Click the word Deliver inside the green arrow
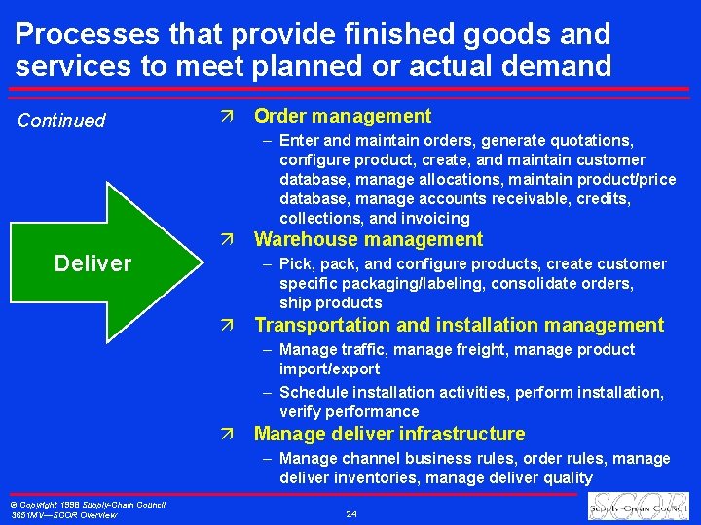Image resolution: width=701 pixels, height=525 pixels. pos(92,263)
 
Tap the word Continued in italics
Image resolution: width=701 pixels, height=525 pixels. pos(61,121)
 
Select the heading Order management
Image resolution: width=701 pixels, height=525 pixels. pos(342,117)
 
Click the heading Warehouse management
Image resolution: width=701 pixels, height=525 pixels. pos(368,240)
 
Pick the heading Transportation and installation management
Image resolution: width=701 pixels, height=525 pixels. pos(459,326)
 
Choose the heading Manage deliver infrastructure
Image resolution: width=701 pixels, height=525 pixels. pos(389,435)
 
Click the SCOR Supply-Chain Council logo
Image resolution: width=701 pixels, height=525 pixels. pos(637,507)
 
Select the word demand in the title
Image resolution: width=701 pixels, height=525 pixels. pos(554,66)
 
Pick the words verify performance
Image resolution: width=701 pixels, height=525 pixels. pos(349,412)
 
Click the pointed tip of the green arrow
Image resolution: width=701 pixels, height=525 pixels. pos(196,263)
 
